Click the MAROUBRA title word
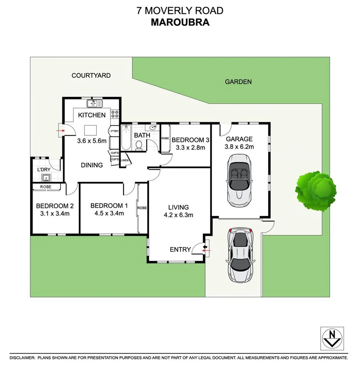(180, 22)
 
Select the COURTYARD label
(91, 75)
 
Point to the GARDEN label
(238, 82)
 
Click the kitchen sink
(94, 103)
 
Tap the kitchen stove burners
(115, 114)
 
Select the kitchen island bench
(91, 130)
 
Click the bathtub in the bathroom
(126, 138)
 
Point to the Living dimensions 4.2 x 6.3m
(179, 215)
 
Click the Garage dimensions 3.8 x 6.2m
(239, 147)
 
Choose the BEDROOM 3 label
(190, 140)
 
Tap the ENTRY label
(180, 249)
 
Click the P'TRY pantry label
(114, 131)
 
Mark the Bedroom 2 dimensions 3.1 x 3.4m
(55, 214)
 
